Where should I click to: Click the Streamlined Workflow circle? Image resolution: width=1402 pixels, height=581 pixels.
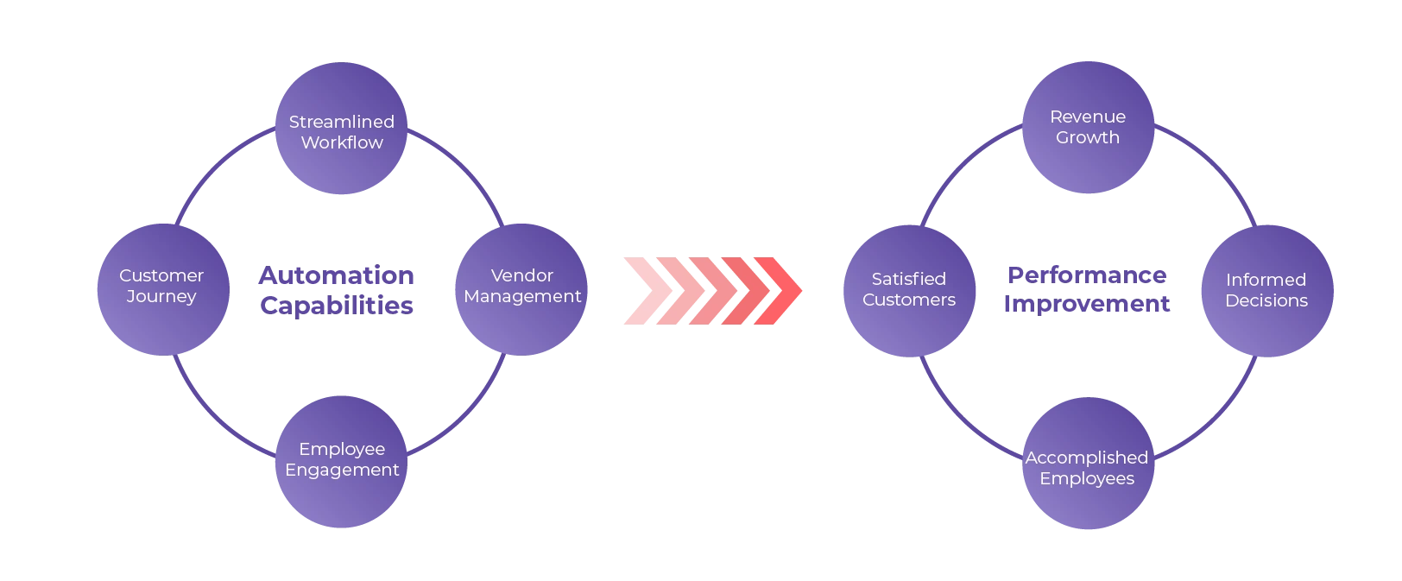[x=342, y=131]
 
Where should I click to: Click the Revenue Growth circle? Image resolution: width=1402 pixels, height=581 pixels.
[x=1088, y=128]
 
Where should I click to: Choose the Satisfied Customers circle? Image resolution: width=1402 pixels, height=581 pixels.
[x=909, y=290]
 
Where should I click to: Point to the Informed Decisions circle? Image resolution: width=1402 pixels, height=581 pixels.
[x=1267, y=290]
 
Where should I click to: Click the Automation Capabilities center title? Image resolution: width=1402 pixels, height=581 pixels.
[x=335, y=290]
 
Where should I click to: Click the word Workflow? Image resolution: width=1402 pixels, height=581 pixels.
[x=342, y=142]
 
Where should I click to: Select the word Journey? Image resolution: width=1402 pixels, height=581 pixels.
[x=161, y=297]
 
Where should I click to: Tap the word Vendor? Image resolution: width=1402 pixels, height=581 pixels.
[x=521, y=275]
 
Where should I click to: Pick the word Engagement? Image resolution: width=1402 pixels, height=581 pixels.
[x=342, y=470]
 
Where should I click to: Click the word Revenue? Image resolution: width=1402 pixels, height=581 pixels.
[x=1088, y=117]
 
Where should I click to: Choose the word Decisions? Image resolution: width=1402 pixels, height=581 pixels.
[x=1266, y=301]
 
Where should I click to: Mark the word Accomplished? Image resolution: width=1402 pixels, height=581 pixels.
[x=1087, y=458]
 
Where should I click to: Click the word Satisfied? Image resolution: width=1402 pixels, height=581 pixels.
[x=908, y=279]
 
